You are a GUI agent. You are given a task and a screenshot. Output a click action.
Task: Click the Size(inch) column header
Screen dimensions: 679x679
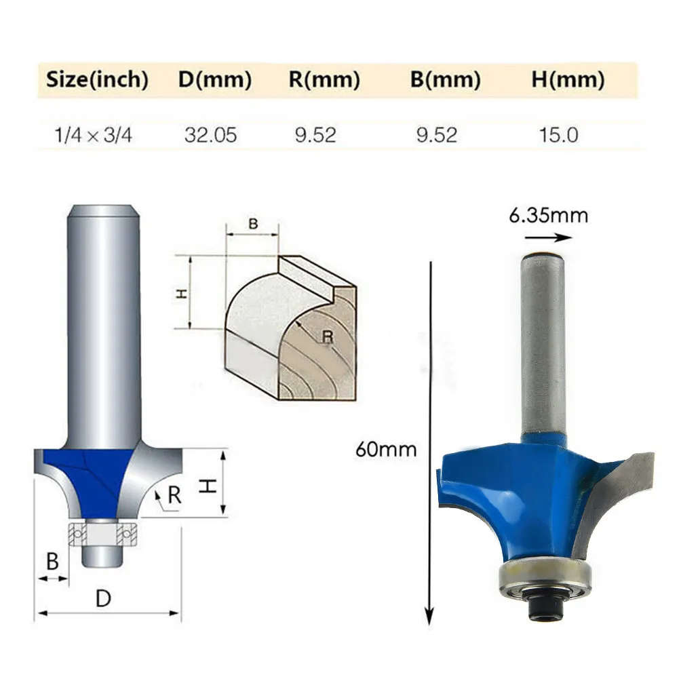(x=97, y=80)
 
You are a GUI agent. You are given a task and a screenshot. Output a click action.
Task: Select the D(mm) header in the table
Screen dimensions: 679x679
(x=215, y=80)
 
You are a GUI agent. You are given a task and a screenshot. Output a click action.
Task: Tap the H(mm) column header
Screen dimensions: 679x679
(x=568, y=80)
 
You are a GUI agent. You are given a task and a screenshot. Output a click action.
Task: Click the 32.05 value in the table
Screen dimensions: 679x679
(x=210, y=134)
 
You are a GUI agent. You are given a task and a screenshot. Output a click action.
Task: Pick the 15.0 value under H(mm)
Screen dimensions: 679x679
(x=559, y=134)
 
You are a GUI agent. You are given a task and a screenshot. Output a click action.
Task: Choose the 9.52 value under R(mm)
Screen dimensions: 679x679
(x=315, y=134)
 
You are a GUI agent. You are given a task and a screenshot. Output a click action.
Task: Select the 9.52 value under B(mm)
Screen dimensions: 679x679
(x=436, y=134)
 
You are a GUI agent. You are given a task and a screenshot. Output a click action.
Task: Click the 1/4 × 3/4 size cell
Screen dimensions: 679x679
(x=93, y=134)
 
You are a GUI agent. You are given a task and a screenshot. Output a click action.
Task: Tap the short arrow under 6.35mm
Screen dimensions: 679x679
(x=548, y=237)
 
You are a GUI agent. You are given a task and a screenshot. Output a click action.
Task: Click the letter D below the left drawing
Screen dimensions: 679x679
(x=103, y=598)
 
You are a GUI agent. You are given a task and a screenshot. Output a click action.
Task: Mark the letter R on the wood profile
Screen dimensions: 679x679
(x=328, y=335)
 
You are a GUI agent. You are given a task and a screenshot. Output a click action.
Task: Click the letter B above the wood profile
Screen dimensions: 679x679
(x=253, y=224)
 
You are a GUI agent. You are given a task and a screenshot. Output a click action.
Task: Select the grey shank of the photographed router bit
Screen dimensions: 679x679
(x=542, y=346)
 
